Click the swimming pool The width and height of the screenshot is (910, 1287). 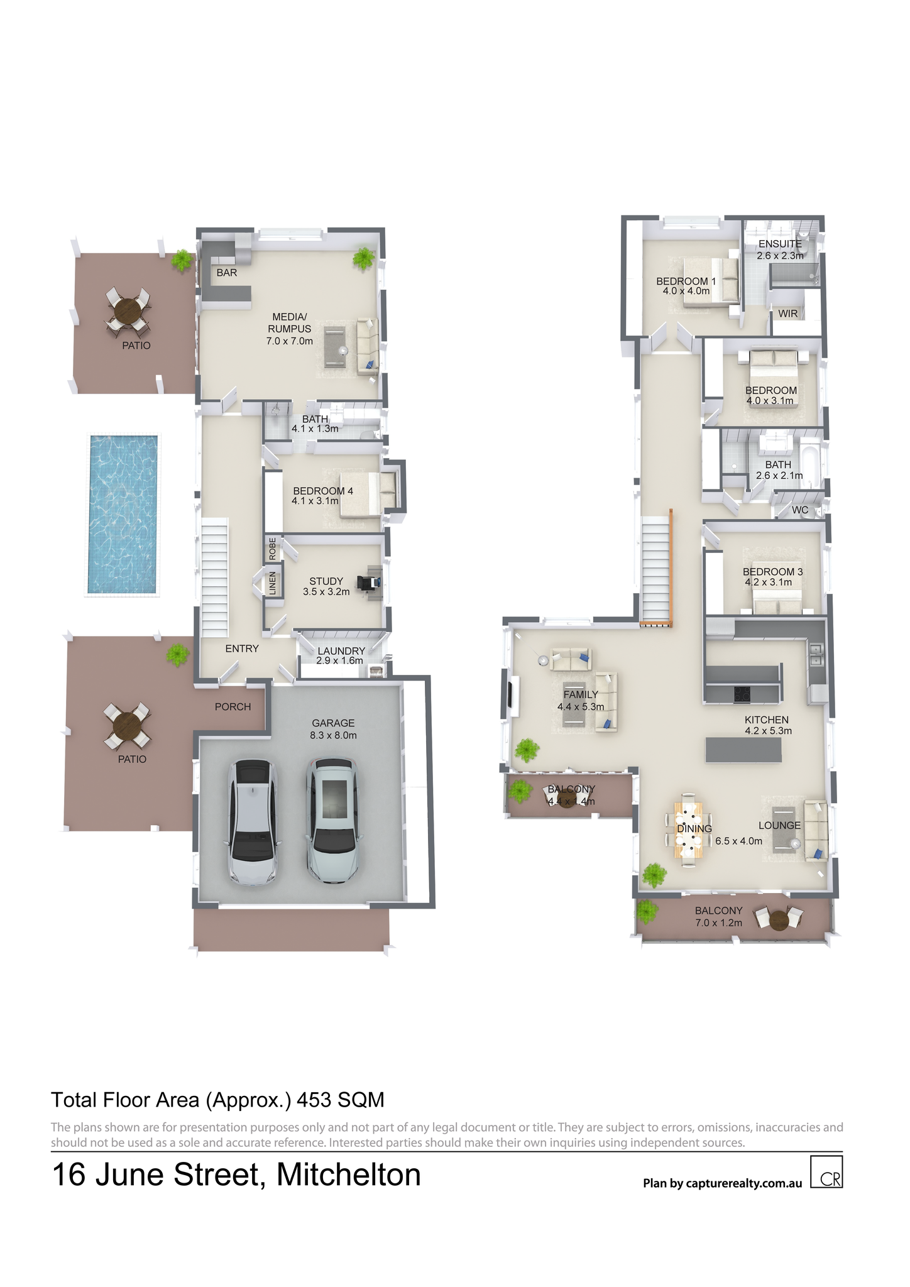tap(123, 514)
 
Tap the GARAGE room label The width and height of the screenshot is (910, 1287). tap(333, 723)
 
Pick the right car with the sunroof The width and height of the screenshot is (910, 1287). tap(332, 821)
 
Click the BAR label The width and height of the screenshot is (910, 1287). tap(226, 273)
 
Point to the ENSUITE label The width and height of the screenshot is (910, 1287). tap(780, 244)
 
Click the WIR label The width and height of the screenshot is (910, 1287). tap(788, 314)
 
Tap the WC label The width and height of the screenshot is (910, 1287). tap(800, 510)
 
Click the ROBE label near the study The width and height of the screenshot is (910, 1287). tap(272, 549)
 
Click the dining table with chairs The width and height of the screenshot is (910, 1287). tap(689, 830)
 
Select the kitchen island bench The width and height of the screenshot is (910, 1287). tap(743, 750)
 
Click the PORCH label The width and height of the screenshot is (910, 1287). tap(233, 707)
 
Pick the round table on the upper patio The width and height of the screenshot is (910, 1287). tap(128, 310)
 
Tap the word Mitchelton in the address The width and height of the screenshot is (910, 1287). tap(349, 1175)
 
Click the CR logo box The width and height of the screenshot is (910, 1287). tap(826, 1172)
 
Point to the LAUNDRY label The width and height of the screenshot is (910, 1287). tap(341, 651)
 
